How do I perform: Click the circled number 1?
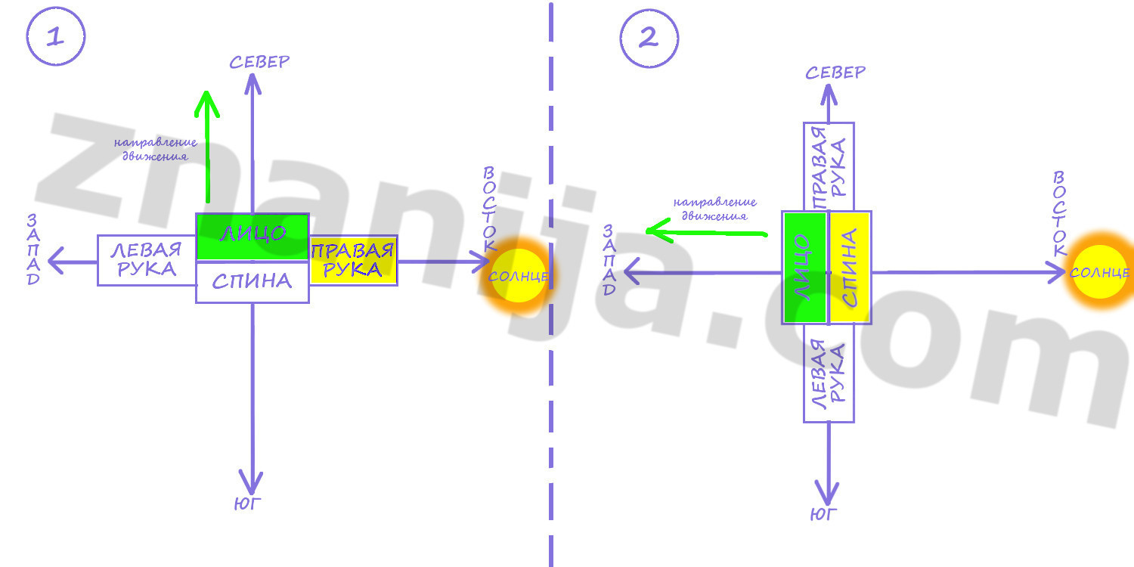click(x=56, y=38)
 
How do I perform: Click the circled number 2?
click(x=649, y=38)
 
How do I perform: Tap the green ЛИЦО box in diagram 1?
click(x=253, y=237)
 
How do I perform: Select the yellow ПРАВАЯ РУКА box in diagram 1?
click(x=353, y=260)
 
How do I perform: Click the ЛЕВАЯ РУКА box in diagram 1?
click(x=147, y=260)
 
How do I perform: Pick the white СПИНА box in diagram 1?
click(x=253, y=282)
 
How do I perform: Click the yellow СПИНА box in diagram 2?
click(x=850, y=268)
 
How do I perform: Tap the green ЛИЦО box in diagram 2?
click(x=805, y=268)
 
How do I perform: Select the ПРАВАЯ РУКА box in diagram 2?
click(x=829, y=166)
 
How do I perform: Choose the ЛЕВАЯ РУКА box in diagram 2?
click(x=829, y=373)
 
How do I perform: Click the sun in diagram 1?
click(x=516, y=276)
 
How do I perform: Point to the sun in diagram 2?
click(x=1100, y=271)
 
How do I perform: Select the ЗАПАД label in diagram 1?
click(x=33, y=249)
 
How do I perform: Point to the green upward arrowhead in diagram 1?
click(x=206, y=104)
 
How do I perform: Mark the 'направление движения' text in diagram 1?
click(x=156, y=149)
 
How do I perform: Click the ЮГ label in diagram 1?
click(x=248, y=504)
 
